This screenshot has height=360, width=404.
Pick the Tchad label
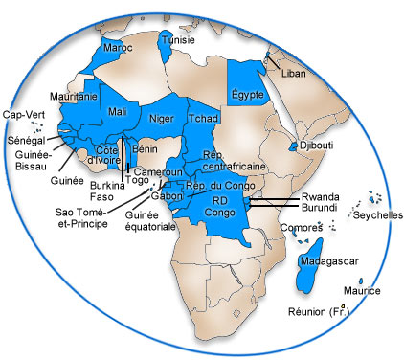pyautogui.click(x=205, y=120)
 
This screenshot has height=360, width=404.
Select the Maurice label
pyautogui.click(x=362, y=291)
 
